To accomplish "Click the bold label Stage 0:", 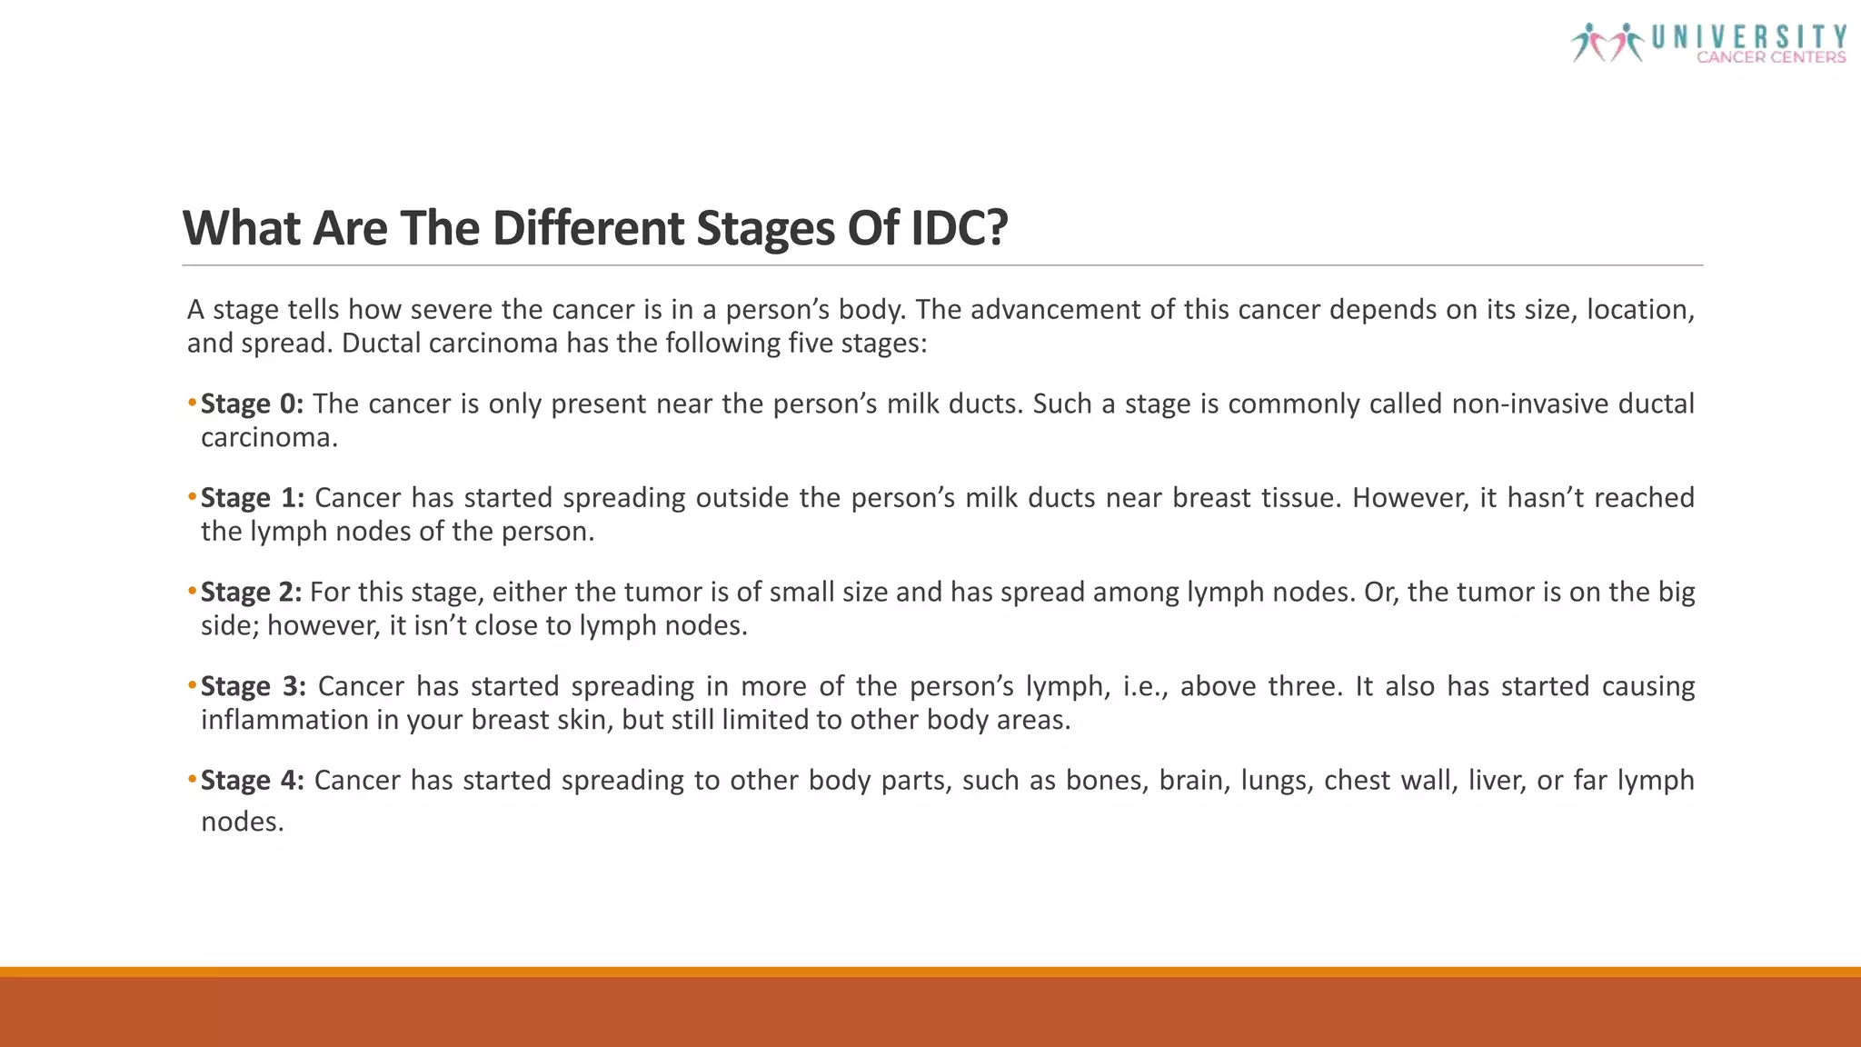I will pyautogui.click(x=252, y=404).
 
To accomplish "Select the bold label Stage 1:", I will pyautogui.click(x=252, y=498).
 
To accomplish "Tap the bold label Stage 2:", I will pyautogui.click(x=251, y=593).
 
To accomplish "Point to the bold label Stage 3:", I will pyautogui.click(x=254, y=686).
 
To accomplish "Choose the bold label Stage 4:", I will pyautogui.click(x=252, y=781).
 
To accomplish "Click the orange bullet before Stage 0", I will pyautogui.click(x=192, y=403).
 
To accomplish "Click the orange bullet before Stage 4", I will pyautogui.click(x=192, y=780).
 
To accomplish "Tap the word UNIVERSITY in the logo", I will pyautogui.click(x=1748, y=36).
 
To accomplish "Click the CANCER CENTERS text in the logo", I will pyautogui.click(x=1770, y=57).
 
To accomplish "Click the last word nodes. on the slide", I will pyautogui.click(x=242, y=822).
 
